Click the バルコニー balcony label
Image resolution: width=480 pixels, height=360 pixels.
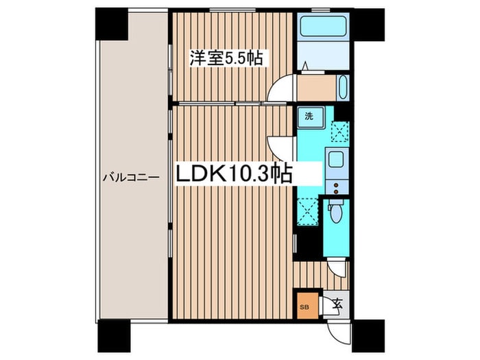(x=131, y=177)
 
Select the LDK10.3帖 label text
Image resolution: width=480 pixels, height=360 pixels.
(x=233, y=173)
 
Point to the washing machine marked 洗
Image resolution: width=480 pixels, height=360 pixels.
(x=311, y=117)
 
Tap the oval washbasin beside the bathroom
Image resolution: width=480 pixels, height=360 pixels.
(x=343, y=88)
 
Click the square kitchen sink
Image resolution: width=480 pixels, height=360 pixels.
(x=337, y=159)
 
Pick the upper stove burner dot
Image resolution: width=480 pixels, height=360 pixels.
(x=336, y=185)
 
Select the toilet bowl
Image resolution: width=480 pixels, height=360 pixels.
(x=336, y=214)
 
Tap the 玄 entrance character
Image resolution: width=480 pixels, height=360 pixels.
(x=337, y=303)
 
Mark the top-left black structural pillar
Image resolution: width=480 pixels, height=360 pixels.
(x=111, y=24)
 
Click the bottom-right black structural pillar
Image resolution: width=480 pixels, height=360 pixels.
(x=368, y=336)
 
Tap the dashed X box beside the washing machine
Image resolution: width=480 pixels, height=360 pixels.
(x=340, y=132)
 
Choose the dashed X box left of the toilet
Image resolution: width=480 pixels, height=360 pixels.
(x=308, y=211)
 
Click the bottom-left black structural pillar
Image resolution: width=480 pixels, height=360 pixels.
(x=115, y=336)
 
